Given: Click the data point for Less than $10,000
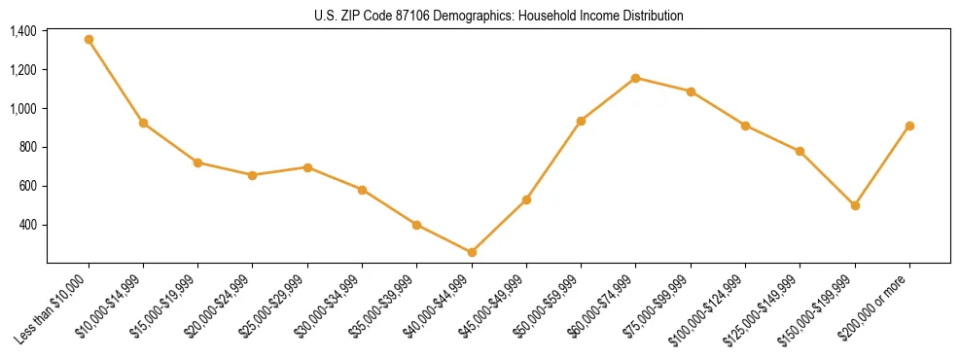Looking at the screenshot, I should [89, 40].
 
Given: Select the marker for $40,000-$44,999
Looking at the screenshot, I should [472, 252].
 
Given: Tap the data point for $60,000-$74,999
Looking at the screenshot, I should [635, 78].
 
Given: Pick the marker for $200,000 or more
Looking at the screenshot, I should [909, 126].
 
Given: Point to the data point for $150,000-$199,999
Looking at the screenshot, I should [855, 205].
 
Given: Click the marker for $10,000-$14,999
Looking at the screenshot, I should [143, 123].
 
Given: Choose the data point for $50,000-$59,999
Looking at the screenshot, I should [581, 121].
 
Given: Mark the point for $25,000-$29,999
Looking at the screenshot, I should [307, 167].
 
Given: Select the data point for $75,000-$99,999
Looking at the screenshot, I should [691, 91].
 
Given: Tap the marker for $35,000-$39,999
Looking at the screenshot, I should [416, 225].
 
